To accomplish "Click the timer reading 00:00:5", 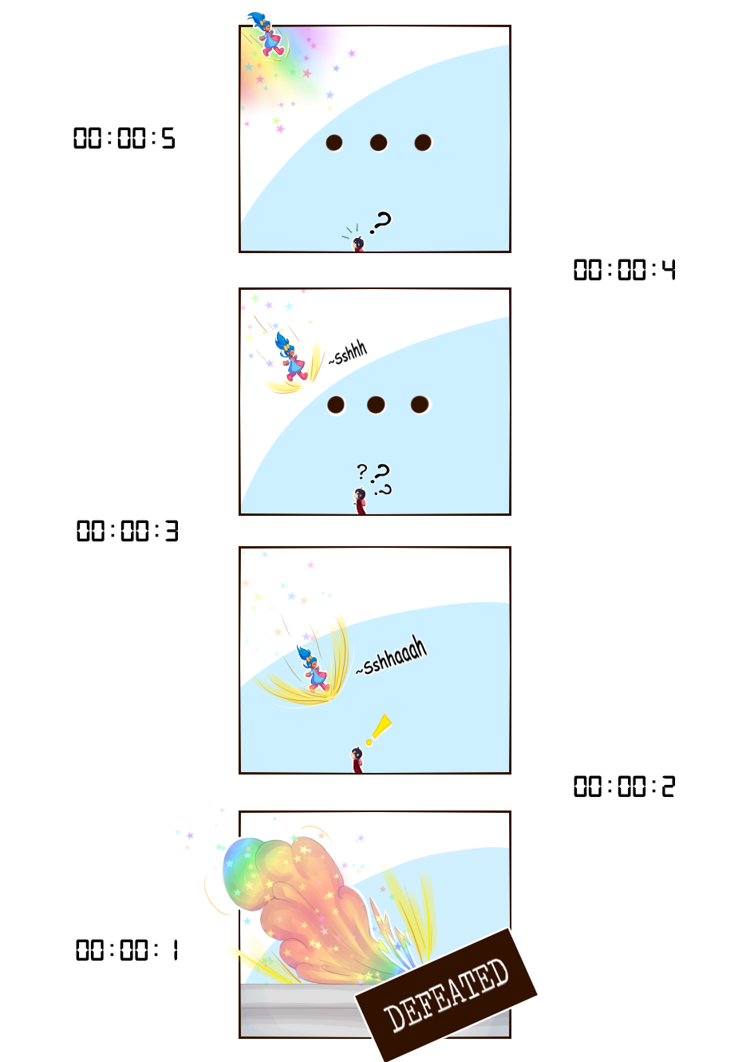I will point(124,138).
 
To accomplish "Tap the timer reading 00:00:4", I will point(624,270).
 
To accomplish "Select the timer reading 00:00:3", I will point(127,531).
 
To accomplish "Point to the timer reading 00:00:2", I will point(624,787).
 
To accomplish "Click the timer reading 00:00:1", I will point(127,950).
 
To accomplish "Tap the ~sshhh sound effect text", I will point(349,353).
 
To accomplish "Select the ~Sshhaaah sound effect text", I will point(391,656).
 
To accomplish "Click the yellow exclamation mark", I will point(380,729).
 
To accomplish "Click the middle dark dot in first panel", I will point(378,143).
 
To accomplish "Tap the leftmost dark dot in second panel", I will point(336,405).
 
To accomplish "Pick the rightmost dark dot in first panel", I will point(423,143).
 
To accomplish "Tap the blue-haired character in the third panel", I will point(313,668).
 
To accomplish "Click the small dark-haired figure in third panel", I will point(357,759).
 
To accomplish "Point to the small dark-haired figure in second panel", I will point(360,501).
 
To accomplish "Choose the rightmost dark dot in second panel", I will point(420,405).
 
